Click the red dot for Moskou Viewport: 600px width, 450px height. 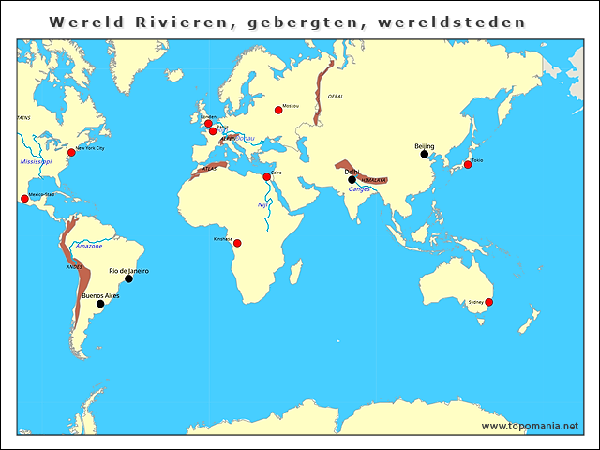[278, 110]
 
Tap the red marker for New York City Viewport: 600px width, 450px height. [71, 152]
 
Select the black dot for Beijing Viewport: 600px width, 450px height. [424, 155]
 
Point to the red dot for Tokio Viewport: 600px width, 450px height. [468, 165]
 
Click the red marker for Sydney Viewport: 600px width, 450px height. [488, 302]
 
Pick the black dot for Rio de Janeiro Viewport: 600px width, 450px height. [128, 278]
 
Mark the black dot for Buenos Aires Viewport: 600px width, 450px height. [100, 304]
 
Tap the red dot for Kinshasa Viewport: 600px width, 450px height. [237, 243]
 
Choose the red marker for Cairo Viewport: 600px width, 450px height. [266, 176]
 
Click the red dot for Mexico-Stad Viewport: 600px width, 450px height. [24, 199]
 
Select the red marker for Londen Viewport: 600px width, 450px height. [208, 123]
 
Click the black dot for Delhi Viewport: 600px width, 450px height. [352, 178]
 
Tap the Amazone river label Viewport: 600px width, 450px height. [89, 246]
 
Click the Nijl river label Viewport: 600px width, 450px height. [262, 204]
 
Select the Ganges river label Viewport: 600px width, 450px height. [360, 189]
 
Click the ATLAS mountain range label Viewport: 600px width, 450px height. [209, 170]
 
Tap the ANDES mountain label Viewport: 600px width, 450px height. [74, 267]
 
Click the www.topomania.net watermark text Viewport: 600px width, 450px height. [530, 426]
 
